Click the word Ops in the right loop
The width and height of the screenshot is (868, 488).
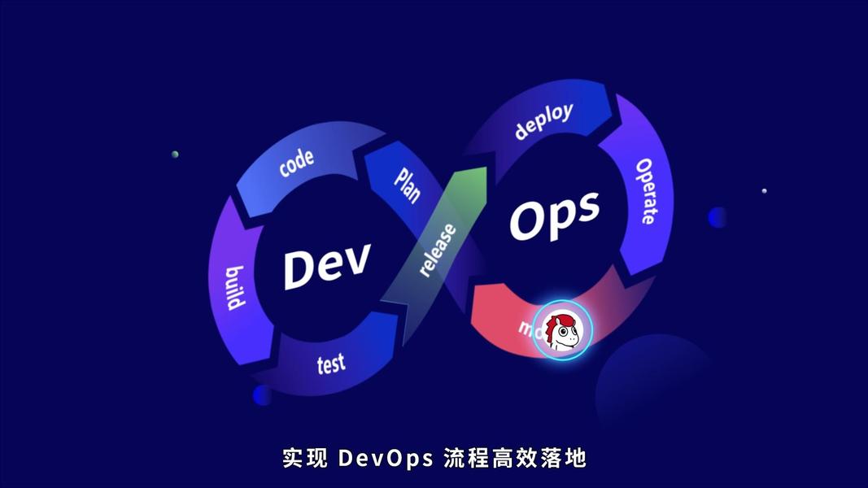(x=554, y=214)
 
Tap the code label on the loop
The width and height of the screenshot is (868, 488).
(x=296, y=162)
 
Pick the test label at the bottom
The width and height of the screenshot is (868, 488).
(x=331, y=363)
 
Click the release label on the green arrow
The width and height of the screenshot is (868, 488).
(x=437, y=250)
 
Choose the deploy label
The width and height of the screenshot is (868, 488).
(x=543, y=121)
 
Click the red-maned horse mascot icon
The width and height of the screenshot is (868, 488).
(x=563, y=330)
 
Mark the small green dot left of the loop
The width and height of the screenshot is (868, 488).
(x=175, y=154)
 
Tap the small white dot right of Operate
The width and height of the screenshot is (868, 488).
(x=764, y=191)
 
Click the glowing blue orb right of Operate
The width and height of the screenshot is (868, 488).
(x=718, y=217)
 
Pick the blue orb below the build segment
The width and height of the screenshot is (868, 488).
(x=262, y=395)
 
